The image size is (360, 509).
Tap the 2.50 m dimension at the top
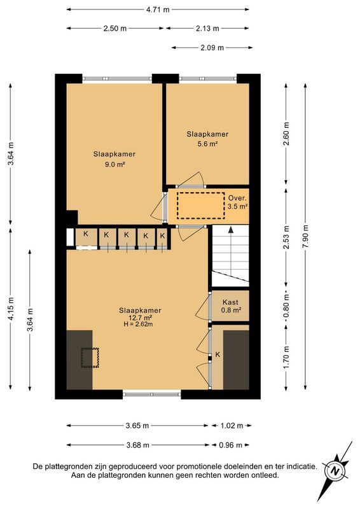[x=114, y=29]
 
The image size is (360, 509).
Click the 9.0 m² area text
[x=114, y=164]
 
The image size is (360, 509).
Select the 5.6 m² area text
[x=207, y=144]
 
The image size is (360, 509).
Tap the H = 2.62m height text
[x=140, y=324]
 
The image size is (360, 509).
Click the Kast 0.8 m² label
[x=230, y=306]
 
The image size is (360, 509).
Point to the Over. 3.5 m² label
[x=238, y=202]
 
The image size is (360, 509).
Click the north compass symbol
[x=335, y=471]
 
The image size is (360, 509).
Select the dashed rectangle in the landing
[x=200, y=206]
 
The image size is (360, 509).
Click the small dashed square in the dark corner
[x=90, y=358]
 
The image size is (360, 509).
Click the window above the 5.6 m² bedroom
[x=208, y=78]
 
